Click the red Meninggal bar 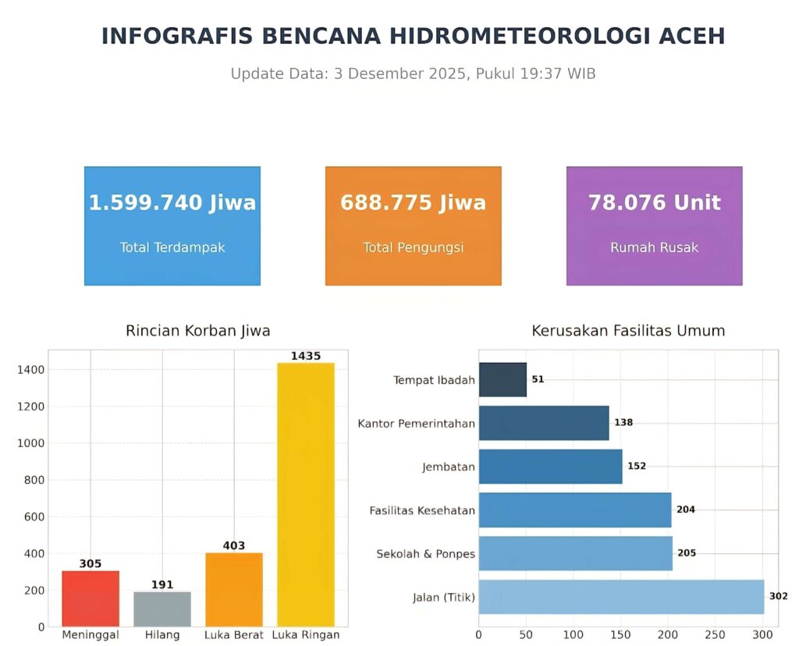tap(91, 598)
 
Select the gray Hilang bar tap(162, 609)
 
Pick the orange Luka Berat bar tap(234, 589)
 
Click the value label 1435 tap(306, 356)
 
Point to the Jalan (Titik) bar tap(621, 597)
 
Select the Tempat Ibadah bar tap(502, 380)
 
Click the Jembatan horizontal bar tap(550, 467)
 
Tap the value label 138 tap(623, 423)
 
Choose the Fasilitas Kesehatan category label tap(422, 510)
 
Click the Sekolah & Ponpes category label tap(425, 554)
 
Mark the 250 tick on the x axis tap(716, 634)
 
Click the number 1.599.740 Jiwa tap(172, 203)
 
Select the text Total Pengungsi tap(414, 247)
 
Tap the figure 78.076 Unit tap(655, 203)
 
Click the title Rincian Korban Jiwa tap(198, 331)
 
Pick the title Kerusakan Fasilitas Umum tap(628, 331)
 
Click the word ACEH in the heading tap(692, 36)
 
